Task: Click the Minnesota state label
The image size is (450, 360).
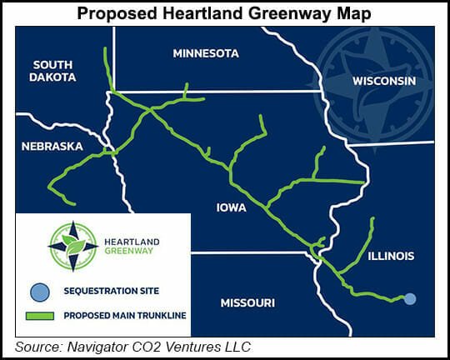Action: [x=205, y=53]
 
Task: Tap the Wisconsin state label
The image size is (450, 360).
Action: [x=383, y=82]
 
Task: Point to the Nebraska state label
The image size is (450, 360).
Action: [x=52, y=146]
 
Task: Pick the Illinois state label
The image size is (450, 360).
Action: [x=391, y=256]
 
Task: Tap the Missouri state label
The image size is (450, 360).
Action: [x=247, y=302]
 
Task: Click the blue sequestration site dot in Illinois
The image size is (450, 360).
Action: [x=410, y=298]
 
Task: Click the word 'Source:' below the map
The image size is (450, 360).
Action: [x=40, y=346]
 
